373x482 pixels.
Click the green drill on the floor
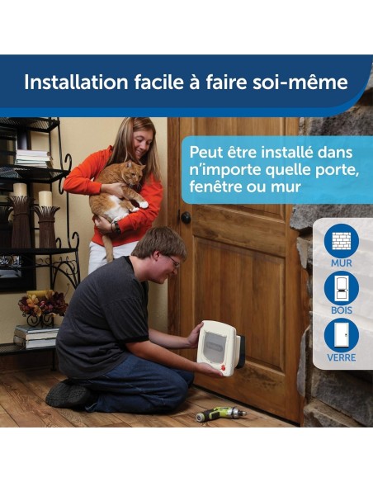pyautogui.click(x=220, y=411)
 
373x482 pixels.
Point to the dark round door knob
pyautogui.click(x=186, y=218)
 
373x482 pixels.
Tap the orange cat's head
pyautogui.click(x=130, y=173)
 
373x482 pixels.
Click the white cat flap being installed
pyautogui.click(x=218, y=347)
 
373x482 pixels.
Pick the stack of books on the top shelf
pyautogui.click(x=32, y=158)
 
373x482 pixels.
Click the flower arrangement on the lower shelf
pyautogui.click(x=41, y=305)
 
